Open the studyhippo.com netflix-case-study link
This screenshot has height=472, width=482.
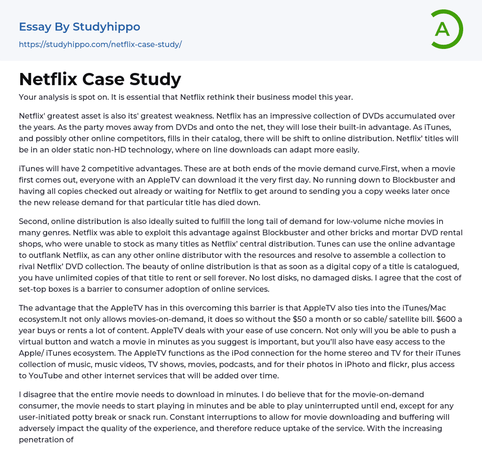[100, 44]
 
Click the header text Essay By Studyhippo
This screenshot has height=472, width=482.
[80, 27]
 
